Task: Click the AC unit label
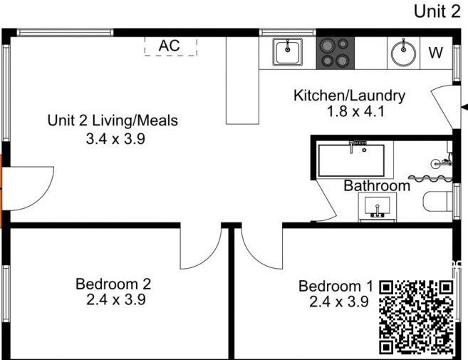coord(170,46)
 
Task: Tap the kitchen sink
coord(288,52)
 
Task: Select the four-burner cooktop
coord(336,53)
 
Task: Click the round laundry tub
coord(403,53)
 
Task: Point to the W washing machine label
coord(436,53)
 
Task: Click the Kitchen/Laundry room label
coord(349,96)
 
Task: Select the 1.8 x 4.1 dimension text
coord(355,112)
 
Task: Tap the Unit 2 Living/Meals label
coord(113,120)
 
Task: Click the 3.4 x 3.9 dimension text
coord(115,139)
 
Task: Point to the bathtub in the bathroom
coord(351,160)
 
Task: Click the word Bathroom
coord(377,185)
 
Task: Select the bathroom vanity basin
coord(378,206)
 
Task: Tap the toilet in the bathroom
coord(437,202)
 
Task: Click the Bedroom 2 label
coord(113,284)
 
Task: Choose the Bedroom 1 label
coord(336,286)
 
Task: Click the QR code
coord(417,317)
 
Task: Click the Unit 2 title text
coord(437,11)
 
